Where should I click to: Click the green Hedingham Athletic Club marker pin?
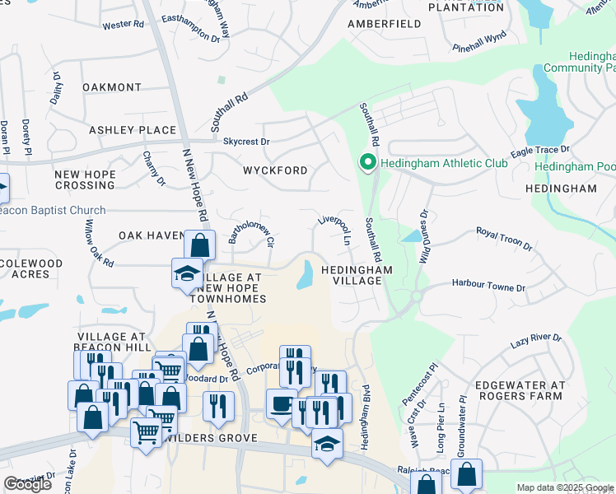pos(367,163)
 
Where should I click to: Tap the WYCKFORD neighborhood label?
pos(274,170)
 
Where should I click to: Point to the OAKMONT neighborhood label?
pos(112,87)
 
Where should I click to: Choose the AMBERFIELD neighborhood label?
pos(384,25)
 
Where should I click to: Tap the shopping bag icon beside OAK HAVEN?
pos(199,245)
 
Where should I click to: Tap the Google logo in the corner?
pos(27,483)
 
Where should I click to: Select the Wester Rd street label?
pos(123,25)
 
